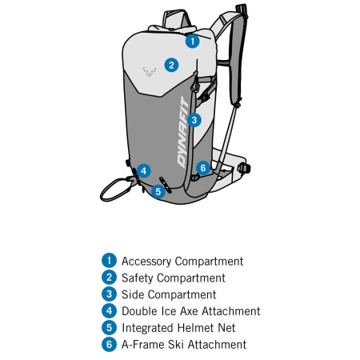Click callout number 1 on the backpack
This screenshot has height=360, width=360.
(x=191, y=40)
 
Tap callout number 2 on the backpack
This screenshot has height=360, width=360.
(x=170, y=65)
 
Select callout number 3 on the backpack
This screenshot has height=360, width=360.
(x=195, y=120)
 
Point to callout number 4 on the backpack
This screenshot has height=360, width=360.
(x=143, y=170)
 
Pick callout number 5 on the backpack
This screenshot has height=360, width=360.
(x=158, y=190)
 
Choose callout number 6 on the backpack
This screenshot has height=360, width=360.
(x=202, y=167)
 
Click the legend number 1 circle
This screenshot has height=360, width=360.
(x=109, y=261)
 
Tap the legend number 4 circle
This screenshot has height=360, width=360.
(x=109, y=311)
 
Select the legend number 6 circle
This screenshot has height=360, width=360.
(x=109, y=345)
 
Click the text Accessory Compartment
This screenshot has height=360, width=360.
(x=182, y=261)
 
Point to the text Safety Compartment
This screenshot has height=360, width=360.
(x=173, y=278)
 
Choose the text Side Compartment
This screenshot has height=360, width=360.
(x=169, y=294)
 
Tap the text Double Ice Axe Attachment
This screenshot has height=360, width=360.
(x=190, y=311)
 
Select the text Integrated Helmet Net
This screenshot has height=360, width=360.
(x=178, y=328)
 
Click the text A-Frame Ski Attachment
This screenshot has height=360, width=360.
(x=184, y=345)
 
